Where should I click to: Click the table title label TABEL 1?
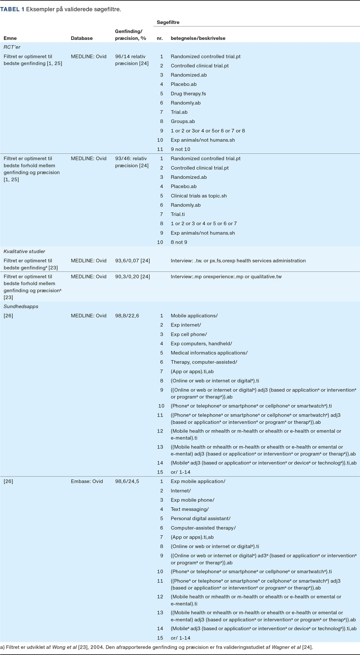tap(12, 9)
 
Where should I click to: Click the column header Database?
tap(82, 38)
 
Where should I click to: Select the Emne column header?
tap(10, 38)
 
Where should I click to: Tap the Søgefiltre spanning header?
tap(168, 22)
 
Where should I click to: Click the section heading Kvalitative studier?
tap(24, 251)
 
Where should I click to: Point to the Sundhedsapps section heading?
tap(21, 306)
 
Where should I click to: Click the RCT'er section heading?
tap(12, 47)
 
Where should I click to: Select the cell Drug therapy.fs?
tap(188, 94)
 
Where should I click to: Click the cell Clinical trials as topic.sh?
tap(199, 196)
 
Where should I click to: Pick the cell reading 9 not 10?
tap(180, 149)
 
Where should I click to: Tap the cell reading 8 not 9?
tap(179, 242)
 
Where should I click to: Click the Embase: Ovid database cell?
tap(87, 481)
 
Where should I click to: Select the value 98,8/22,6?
tap(127, 316)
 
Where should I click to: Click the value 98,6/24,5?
tap(127, 481)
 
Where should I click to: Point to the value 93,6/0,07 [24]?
tap(132, 261)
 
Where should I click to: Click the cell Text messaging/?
tap(190, 509)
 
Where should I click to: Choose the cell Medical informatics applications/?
tap(209, 353)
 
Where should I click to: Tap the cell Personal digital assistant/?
tap(200, 518)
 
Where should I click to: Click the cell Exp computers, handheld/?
tap(201, 343)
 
